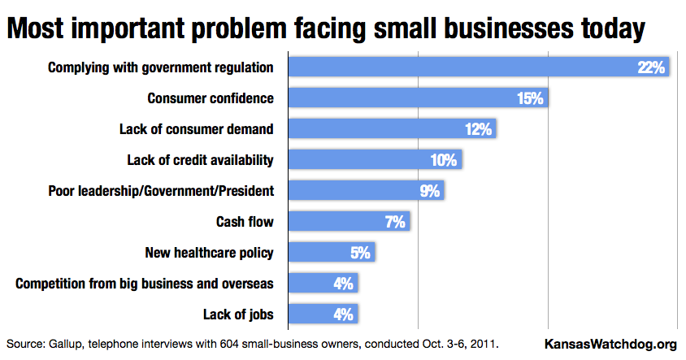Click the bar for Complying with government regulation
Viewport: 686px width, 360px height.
click(x=480, y=67)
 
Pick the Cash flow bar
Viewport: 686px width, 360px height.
click(x=349, y=221)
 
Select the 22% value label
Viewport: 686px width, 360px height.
click(x=652, y=67)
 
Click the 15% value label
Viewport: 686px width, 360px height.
click(x=530, y=98)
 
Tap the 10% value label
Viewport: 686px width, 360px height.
click(x=444, y=160)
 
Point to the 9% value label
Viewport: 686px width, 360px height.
click(x=430, y=191)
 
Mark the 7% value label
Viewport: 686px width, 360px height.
click(x=395, y=222)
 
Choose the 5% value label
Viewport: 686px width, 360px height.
click(x=360, y=253)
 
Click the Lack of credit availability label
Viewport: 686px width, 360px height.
click(x=200, y=160)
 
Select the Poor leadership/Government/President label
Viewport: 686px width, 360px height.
click(x=161, y=191)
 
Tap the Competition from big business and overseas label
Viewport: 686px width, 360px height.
click(x=145, y=284)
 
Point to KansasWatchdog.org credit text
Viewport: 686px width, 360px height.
click(x=609, y=344)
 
